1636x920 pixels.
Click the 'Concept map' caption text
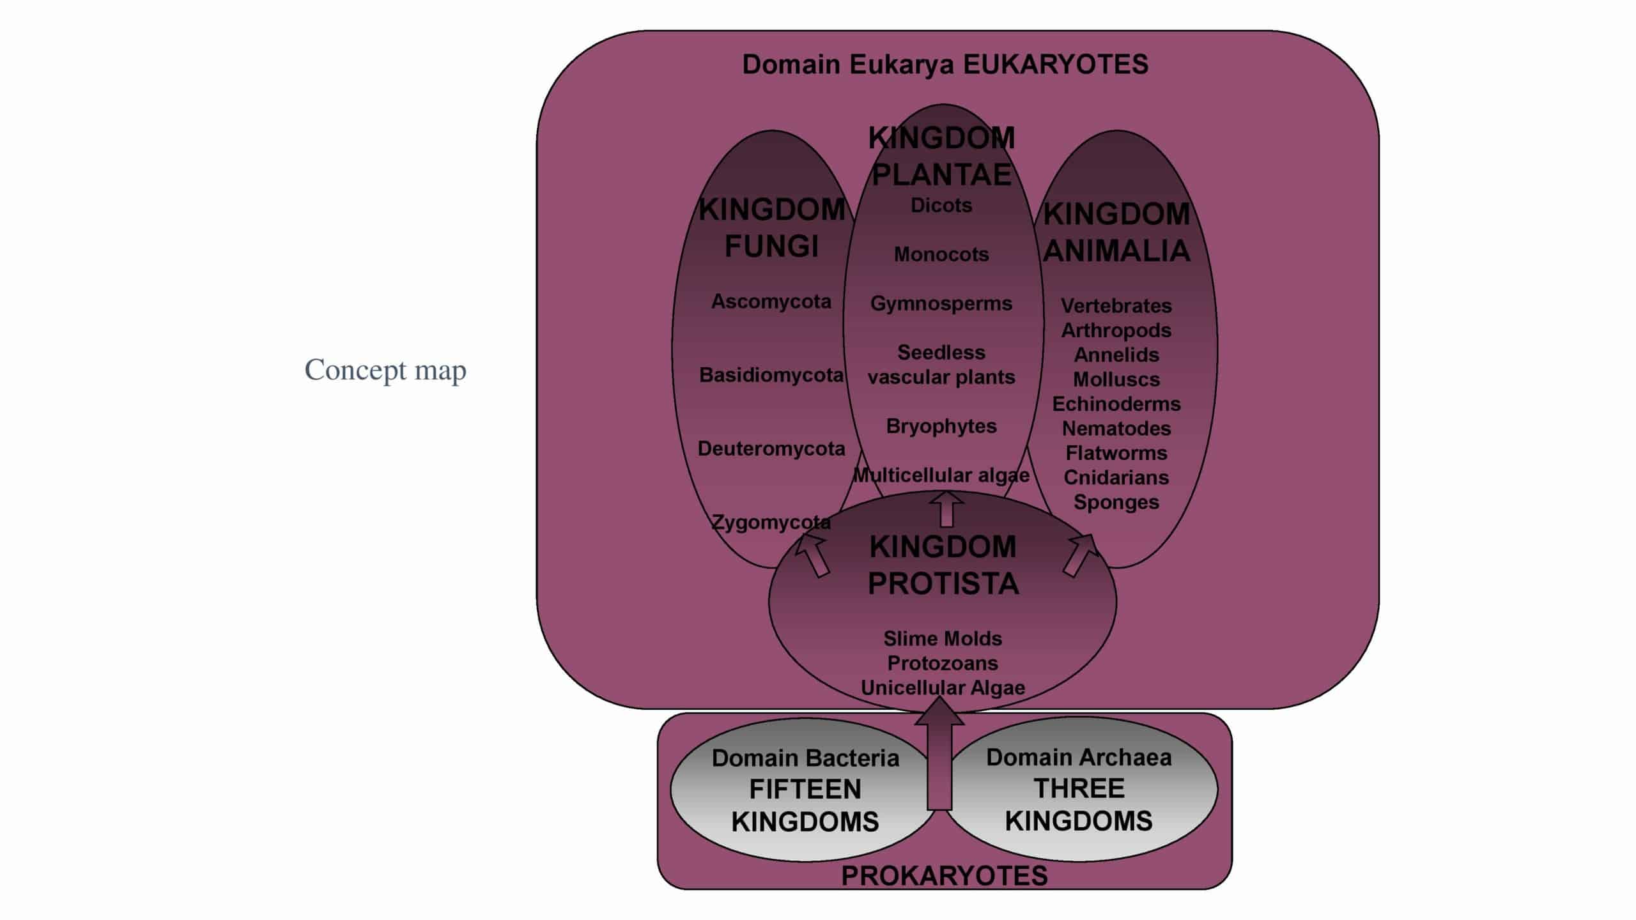(x=385, y=370)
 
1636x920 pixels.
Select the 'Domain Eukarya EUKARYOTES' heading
(x=945, y=65)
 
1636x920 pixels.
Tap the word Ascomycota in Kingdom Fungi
(x=771, y=302)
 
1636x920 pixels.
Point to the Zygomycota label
(x=771, y=523)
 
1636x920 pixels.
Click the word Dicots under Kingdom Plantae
(x=941, y=206)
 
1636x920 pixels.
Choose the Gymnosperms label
(x=941, y=303)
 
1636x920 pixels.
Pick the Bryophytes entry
(x=941, y=426)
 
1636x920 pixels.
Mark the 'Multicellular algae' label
(x=941, y=475)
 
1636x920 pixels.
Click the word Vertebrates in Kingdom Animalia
(x=1116, y=306)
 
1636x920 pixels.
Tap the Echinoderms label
(x=1116, y=404)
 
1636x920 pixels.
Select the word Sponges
(x=1116, y=502)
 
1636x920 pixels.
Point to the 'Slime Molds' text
(x=943, y=639)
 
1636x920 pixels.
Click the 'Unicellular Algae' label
(x=943, y=688)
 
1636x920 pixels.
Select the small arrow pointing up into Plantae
(x=946, y=510)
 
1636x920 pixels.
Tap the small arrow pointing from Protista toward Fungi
(x=812, y=555)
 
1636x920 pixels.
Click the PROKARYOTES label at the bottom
(x=944, y=876)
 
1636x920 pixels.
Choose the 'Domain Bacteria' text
(x=805, y=758)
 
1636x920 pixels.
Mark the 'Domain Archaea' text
(x=1079, y=758)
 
